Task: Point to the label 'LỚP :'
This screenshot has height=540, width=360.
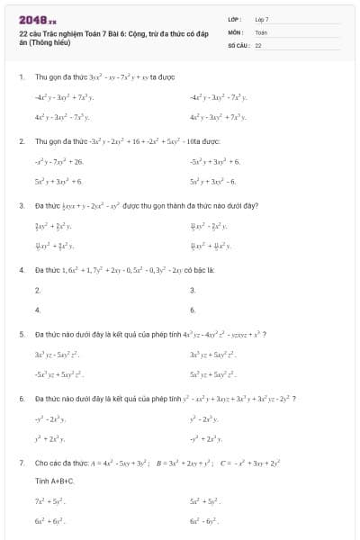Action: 236,19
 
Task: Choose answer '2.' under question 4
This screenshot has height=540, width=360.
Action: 38,290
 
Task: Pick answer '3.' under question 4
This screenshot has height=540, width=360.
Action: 193,290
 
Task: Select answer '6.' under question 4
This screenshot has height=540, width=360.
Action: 193,310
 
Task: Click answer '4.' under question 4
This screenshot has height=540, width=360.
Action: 38,310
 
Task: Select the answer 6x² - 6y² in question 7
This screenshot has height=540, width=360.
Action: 206,521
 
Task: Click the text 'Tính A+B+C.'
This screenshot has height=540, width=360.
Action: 53,481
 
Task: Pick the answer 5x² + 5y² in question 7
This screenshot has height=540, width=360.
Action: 206,501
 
